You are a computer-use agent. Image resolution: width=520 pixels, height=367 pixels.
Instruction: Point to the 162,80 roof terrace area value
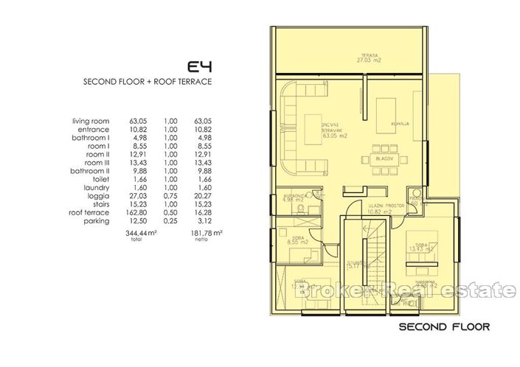pos(140,212)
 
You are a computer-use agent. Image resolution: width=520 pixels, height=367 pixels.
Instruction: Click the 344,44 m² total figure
pos(140,231)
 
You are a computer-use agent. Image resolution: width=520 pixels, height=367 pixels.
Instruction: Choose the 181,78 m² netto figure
pos(205,231)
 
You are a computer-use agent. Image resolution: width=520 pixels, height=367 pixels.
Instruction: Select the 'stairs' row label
pos(99,203)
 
